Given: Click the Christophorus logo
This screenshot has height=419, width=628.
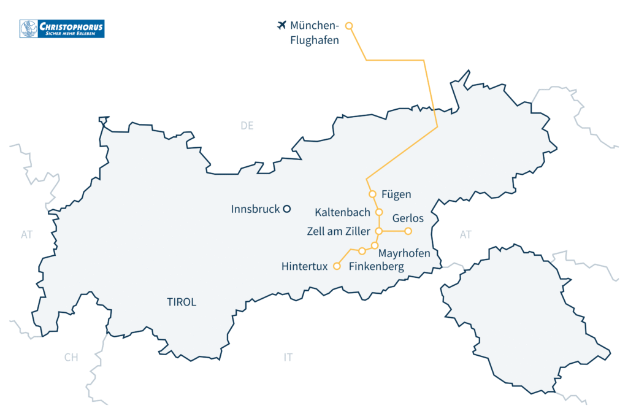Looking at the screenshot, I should point(62,28).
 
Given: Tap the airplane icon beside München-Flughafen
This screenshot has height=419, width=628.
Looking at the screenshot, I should point(281,25).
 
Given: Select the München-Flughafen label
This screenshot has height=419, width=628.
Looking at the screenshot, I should point(315,33).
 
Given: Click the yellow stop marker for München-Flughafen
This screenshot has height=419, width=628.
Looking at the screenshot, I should point(349,26).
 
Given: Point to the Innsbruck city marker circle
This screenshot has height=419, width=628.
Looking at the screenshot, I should point(286,209).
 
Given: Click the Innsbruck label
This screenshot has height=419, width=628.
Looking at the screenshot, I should point(255,209).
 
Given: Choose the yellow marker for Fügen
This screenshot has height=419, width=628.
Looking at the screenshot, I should point(372,194).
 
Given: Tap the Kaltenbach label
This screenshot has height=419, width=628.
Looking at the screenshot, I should point(342,213).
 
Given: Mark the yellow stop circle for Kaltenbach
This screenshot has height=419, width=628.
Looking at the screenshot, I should point(379,212).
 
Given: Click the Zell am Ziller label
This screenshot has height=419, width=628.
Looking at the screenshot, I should point(338,231).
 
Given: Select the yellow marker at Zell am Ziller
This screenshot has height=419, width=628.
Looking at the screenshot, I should point(379,231).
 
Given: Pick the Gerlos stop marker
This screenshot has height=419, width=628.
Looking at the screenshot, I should point(408,231).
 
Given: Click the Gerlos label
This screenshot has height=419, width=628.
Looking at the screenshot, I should point(408,218).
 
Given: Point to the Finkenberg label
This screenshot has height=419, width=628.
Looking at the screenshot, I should point(377,266).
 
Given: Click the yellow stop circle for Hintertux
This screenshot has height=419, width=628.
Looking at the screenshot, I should point(336,266).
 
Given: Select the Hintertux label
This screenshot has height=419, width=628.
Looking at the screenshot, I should point(304,266).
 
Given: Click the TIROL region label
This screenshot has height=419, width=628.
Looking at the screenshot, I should point(182,302).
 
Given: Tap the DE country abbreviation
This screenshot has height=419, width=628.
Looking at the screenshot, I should point(247,126).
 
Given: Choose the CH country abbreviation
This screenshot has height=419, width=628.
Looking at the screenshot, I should point(71,358).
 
